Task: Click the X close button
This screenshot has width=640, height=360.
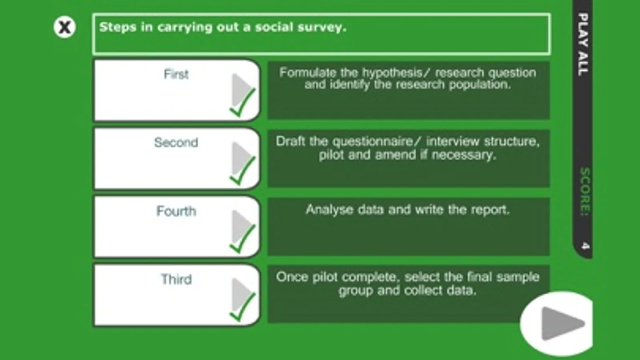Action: tap(64, 27)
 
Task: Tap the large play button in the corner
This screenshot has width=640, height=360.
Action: tap(557, 324)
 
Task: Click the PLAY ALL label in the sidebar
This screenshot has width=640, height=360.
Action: tap(583, 44)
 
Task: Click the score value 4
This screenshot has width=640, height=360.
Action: tap(585, 246)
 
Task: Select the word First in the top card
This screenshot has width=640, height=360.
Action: tap(176, 74)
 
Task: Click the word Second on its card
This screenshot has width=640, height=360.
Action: tap(176, 142)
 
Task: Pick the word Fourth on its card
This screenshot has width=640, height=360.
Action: tap(176, 211)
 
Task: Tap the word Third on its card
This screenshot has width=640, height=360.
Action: tap(176, 279)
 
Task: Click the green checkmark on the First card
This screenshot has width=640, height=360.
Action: tap(242, 103)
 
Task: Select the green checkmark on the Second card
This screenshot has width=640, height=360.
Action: tap(242, 171)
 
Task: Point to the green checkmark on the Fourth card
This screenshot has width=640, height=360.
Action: tap(242, 239)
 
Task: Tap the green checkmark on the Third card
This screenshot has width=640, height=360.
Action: tap(242, 307)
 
